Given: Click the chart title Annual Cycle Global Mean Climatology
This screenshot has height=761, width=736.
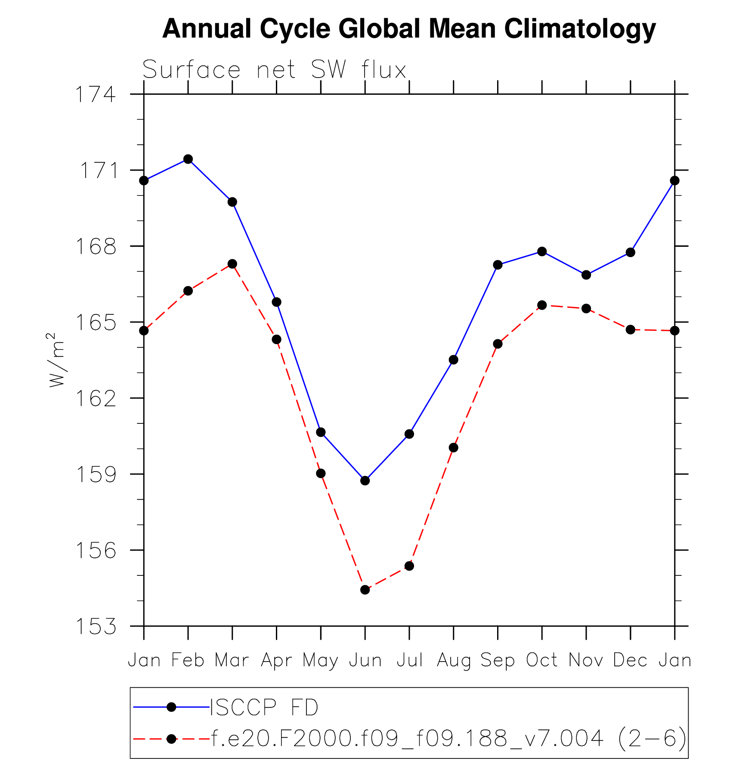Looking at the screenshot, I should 409,29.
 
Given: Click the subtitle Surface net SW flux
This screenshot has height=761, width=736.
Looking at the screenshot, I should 274,69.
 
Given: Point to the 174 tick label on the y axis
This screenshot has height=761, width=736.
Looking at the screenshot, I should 96,95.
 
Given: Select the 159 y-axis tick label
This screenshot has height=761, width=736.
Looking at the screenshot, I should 96,475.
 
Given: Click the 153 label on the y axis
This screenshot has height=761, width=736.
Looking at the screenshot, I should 96,627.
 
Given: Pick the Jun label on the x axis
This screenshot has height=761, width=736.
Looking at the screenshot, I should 365,660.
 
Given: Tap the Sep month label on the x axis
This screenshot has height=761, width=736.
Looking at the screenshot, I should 498,660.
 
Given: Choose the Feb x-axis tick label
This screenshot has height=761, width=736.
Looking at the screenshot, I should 188,660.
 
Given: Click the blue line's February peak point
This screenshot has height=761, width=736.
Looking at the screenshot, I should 188,159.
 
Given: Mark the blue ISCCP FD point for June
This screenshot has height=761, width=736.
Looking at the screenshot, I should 365,481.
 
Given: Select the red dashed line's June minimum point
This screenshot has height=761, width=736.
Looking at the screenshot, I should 365,590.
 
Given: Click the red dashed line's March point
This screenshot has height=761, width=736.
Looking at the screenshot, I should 232,264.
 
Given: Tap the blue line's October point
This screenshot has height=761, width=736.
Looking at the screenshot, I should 542,252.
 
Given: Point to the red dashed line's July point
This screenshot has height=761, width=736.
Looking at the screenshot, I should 409,566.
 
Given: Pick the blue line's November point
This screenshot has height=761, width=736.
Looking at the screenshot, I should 586,275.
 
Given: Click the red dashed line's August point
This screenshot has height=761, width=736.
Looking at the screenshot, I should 453,448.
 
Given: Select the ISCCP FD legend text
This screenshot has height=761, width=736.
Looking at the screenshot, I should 264,707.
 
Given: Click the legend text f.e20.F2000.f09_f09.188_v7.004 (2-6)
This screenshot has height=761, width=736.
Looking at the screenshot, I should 448,739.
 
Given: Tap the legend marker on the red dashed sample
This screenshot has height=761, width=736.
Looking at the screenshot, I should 171,739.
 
